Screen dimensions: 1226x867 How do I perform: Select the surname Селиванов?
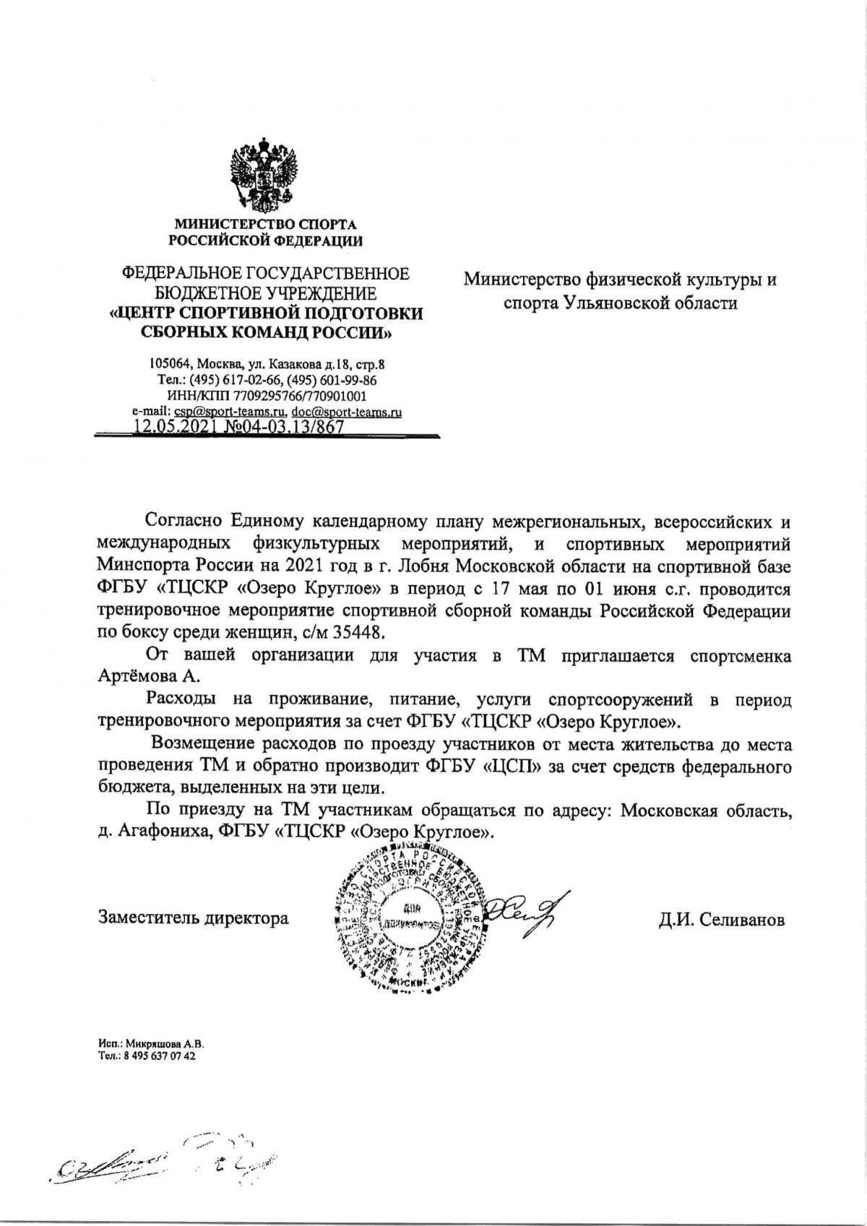738,920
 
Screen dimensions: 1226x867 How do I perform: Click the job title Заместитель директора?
193,918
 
